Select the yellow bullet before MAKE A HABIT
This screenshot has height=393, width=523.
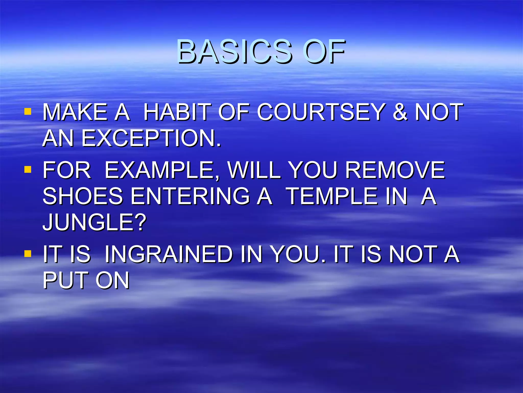(x=28, y=112)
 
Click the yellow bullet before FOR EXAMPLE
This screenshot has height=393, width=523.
(x=28, y=169)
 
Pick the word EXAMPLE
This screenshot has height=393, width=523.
(x=162, y=170)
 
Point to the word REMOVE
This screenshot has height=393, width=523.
(x=395, y=170)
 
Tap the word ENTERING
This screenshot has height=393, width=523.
(x=190, y=196)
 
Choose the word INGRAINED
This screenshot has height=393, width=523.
(x=169, y=254)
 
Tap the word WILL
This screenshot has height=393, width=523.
(x=254, y=170)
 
